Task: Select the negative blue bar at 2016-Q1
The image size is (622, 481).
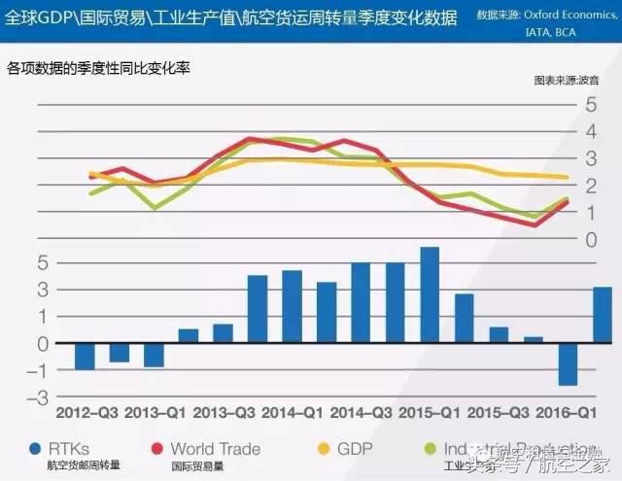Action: coord(568,364)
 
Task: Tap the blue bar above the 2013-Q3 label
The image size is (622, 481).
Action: coord(258,309)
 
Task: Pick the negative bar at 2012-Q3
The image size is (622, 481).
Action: coord(85,357)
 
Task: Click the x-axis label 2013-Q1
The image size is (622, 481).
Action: coord(156,411)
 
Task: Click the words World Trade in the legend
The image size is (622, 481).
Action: coord(216,449)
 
